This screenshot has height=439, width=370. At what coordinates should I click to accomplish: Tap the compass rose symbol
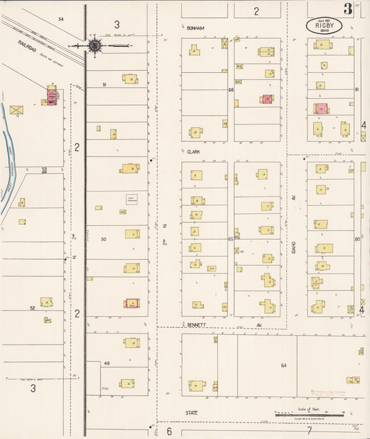95,46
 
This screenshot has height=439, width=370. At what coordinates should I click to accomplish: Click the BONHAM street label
195,28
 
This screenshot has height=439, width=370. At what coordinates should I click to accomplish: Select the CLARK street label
193,150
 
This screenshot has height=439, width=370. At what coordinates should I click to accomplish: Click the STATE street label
192,413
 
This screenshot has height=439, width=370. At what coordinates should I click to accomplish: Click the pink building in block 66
267,100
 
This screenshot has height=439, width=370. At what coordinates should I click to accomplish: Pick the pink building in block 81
321,108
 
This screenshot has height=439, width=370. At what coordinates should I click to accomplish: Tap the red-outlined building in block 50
131,303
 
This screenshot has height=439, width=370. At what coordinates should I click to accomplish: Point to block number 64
283,365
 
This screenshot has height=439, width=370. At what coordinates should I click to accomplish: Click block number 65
230,238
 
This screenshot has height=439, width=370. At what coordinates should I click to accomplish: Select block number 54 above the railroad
60,19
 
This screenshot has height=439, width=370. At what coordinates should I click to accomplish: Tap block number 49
107,363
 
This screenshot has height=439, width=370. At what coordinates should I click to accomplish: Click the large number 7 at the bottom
309,431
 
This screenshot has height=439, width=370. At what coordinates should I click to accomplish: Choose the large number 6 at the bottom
169,431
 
